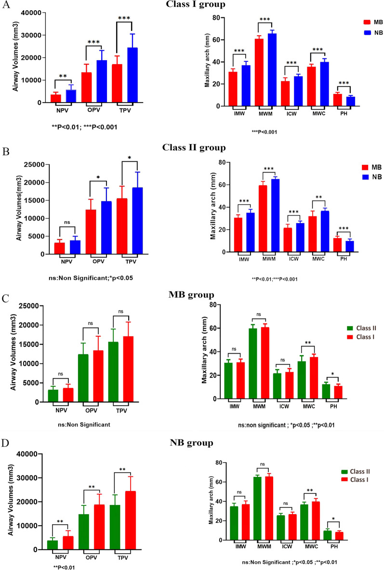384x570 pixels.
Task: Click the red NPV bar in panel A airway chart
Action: [x=56, y=98]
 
